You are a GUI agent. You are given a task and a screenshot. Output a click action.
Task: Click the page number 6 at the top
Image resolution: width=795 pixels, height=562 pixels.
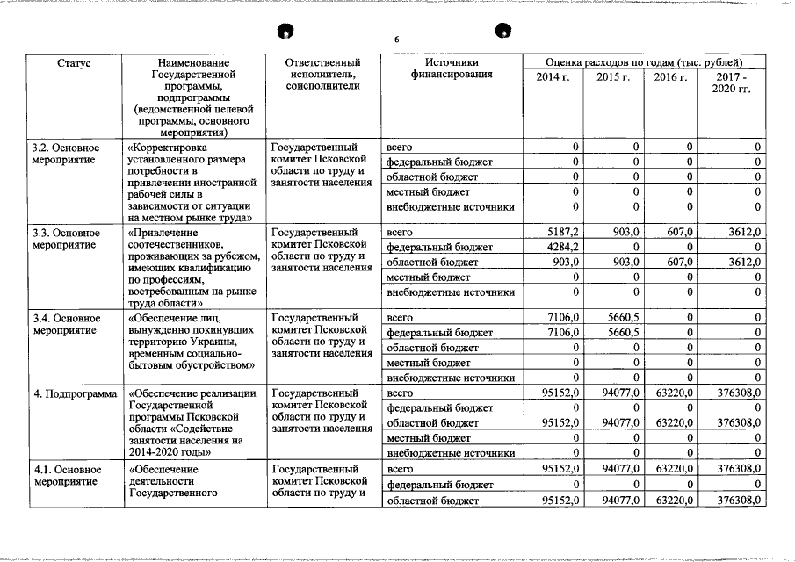396,40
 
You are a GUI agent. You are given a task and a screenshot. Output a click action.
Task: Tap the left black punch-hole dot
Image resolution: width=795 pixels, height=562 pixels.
285,32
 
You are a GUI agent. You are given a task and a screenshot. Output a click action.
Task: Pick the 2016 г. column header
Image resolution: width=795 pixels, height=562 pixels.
670,78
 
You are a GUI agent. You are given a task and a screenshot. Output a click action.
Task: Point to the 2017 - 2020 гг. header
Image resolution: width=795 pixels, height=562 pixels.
732,84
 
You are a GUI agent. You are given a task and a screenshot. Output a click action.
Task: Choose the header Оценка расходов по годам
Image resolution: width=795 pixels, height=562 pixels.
644,63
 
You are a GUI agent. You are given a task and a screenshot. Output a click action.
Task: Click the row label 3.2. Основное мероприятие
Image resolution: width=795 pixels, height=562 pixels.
67,154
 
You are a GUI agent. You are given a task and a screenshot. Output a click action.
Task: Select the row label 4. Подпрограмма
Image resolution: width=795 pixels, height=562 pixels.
75,393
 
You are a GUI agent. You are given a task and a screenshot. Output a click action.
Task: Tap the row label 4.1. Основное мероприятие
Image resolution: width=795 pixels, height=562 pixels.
67,476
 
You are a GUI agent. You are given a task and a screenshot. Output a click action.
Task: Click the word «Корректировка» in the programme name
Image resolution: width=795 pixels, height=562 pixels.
170,147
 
